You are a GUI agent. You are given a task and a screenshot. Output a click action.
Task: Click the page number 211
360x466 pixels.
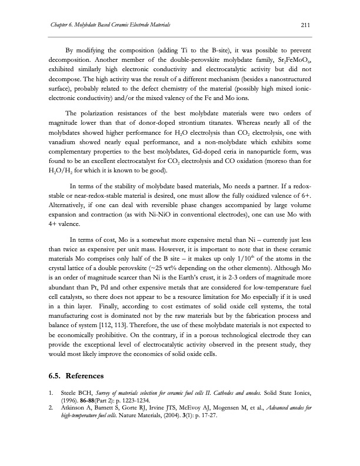(x=305, y=24)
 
